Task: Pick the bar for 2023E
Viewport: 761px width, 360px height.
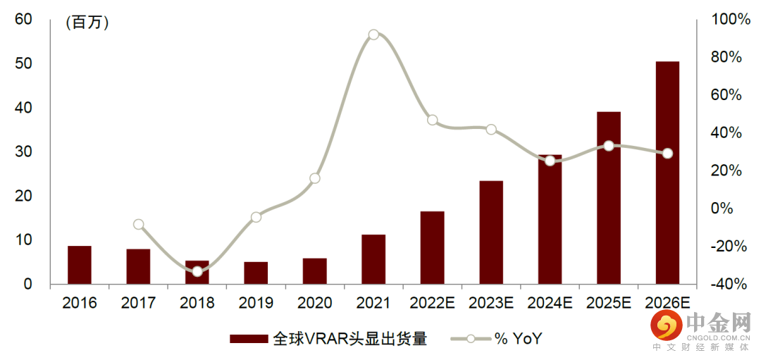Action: [x=491, y=232]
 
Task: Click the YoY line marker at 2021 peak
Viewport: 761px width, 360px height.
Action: [x=373, y=35]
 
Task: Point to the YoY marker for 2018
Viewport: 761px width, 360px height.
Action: [x=197, y=271]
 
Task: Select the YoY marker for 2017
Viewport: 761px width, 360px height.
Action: [x=139, y=225]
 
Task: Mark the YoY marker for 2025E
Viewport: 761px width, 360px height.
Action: [x=609, y=146]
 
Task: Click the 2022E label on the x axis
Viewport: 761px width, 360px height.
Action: [x=432, y=304]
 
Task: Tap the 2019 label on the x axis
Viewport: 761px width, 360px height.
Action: [x=256, y=304]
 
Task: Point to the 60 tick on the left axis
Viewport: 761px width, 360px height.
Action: [x=23, y=19]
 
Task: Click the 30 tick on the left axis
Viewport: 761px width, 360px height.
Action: [x=23, y=151]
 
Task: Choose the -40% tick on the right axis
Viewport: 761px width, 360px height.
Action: [x=727, y=284]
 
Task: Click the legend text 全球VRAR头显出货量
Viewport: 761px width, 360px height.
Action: [x=350, y=339]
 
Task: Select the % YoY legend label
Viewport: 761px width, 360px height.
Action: [x=518, y=339]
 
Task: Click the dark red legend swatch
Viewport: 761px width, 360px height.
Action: [x=249, y=339]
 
